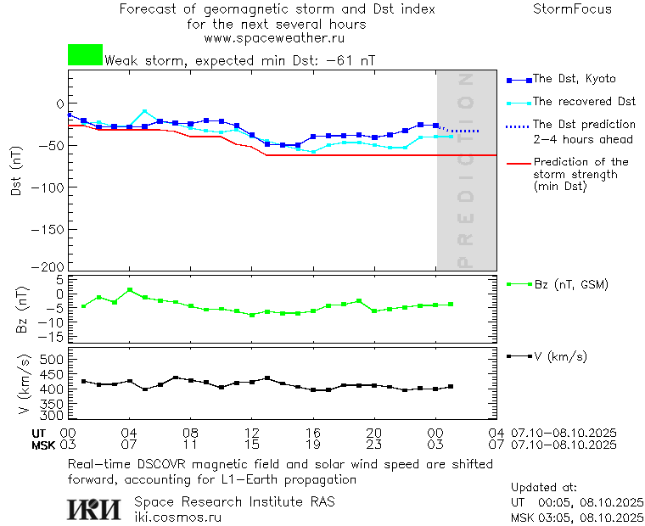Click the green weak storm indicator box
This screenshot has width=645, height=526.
pos(85,55)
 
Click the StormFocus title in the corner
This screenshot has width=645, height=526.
pos(572,9)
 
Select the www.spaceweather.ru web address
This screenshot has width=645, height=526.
pos(274,38)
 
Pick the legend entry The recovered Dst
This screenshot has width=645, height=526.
pos(584,102)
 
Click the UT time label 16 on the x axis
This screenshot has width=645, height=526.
pos(312,434)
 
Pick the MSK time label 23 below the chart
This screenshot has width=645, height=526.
pos(373,445)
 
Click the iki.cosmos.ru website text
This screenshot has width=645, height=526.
pos(177,517)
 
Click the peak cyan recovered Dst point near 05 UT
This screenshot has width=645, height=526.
pos(145,111)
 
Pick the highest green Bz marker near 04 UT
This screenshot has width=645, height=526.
pos(130,290)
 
